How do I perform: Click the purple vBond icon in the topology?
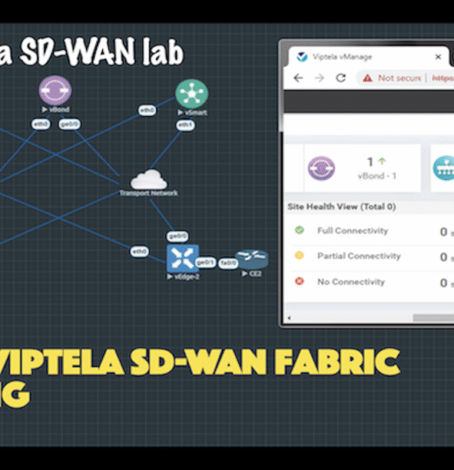tap(54, 90)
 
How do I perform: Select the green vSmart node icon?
tap(191, 93)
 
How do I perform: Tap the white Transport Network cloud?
tap(148, 179)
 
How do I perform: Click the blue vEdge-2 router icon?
tap(182, 258)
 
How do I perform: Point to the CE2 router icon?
tap(252, 259)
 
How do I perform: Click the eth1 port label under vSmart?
tap(185, 125)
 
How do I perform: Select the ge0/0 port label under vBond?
tap(67, 124)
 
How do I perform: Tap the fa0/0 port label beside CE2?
tap(228, 262)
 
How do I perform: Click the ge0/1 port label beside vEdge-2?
tap(205, 262)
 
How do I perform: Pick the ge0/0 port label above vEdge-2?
tap(178, 236)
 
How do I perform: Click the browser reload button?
tap(340, 78)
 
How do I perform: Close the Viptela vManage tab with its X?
tap(437, 57)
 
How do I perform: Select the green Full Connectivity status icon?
tap(299, 231)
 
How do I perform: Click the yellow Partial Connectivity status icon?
tap(299, 256)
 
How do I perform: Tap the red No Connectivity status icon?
tap(299, 282)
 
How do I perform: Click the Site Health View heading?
tap(341, 207)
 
